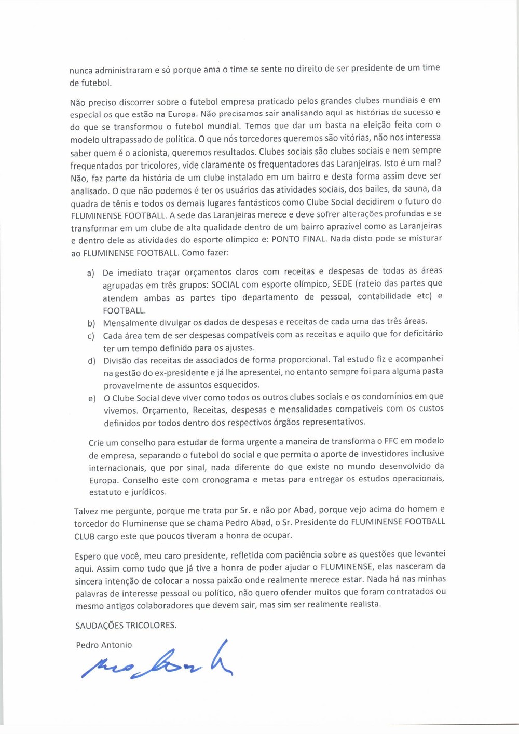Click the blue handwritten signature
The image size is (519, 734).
156,661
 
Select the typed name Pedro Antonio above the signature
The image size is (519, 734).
104,645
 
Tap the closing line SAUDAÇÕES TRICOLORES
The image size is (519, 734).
126,626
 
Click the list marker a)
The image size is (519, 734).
91,273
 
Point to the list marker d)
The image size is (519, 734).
91,361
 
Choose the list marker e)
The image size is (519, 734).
92,398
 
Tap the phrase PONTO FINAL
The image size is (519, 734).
299,239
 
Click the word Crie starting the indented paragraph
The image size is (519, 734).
96,443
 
